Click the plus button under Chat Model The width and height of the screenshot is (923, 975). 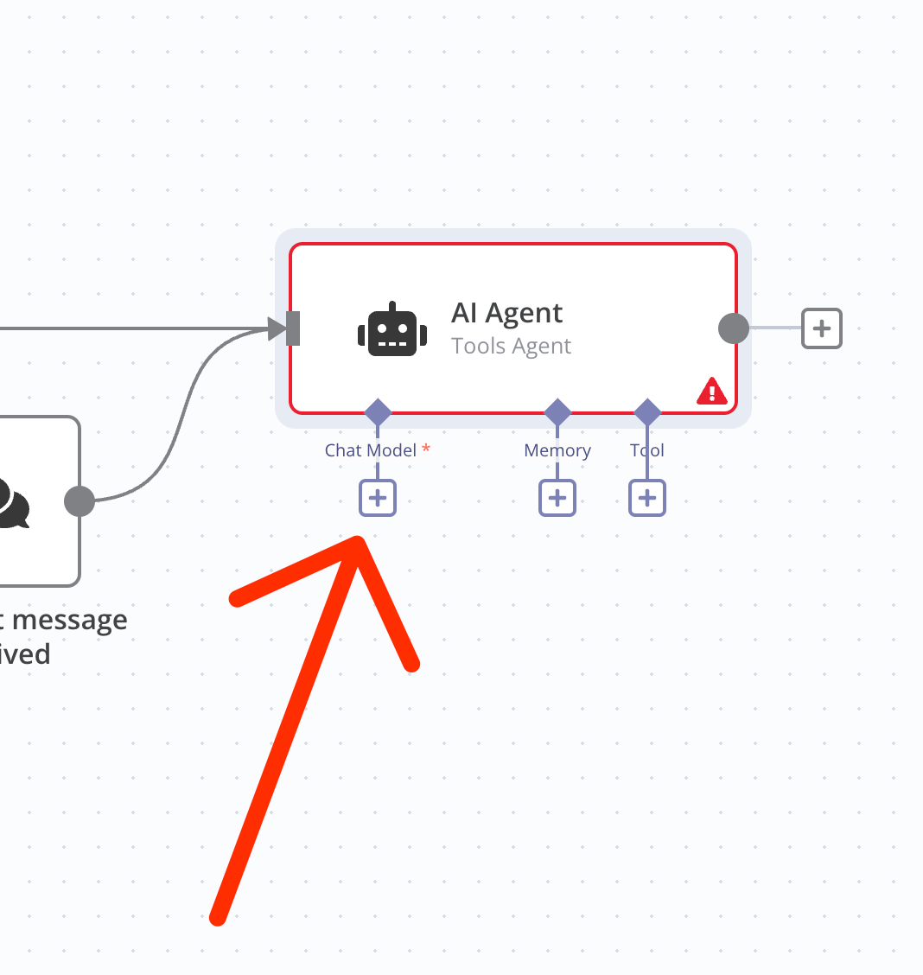[x=378, y=498]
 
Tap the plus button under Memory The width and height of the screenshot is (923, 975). [x=557, y=498]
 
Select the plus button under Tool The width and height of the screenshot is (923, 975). [x=647, y=498]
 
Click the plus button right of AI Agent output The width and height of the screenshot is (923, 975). [x=821, y=328]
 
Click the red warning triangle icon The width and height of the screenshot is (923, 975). [x=712, y=392]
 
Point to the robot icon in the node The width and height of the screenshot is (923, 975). [x=392, y=330]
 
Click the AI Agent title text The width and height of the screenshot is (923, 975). [x=506, y=313]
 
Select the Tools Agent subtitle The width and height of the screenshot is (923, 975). [x=511, y=347]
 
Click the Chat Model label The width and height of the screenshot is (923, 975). [x=371, y=450]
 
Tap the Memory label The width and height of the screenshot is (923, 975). [x=557, y=450]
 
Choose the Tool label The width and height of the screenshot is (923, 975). [x=647, y=450]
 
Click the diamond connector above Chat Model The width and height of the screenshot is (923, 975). [x=378, y=412]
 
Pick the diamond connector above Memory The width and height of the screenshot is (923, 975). [x=557, y=412]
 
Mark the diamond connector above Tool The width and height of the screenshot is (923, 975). [x=647, y=412]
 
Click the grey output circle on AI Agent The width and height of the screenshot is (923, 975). [x=734, y=328]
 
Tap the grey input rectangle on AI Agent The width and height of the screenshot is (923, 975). [x=293, y=328]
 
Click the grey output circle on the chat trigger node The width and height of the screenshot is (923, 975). [x=80, y=501]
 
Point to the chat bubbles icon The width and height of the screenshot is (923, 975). [x=13, y=503]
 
